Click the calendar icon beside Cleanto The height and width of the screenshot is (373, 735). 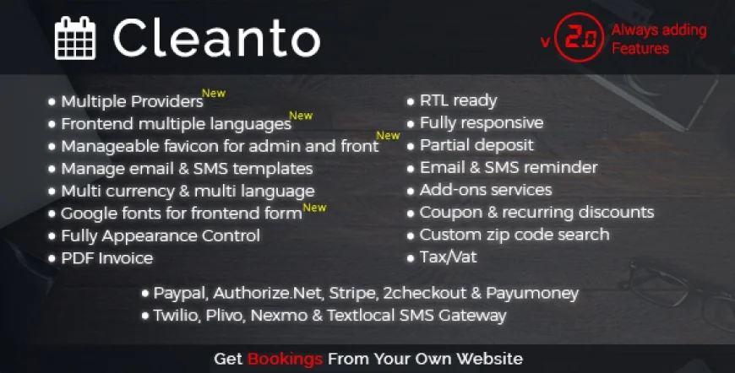(x=75, y=39)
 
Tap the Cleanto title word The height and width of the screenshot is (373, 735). (x=216, y=38)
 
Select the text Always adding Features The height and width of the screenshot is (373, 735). (x=659, y=40)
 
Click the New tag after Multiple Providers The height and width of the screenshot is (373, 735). (x=214, y=94)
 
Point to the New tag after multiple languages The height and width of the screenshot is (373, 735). (x=301, y=116)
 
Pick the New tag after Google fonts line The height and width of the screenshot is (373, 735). (x=314, y=207)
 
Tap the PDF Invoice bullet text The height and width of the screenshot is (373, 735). (x=107, y=258)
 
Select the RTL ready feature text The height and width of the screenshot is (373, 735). (x=459, y=101)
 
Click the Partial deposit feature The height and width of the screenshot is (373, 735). (x=477, y=145)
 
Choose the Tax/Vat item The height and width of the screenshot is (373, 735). (x=448, y=257)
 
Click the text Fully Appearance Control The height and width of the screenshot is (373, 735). (x=161, y=235)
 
